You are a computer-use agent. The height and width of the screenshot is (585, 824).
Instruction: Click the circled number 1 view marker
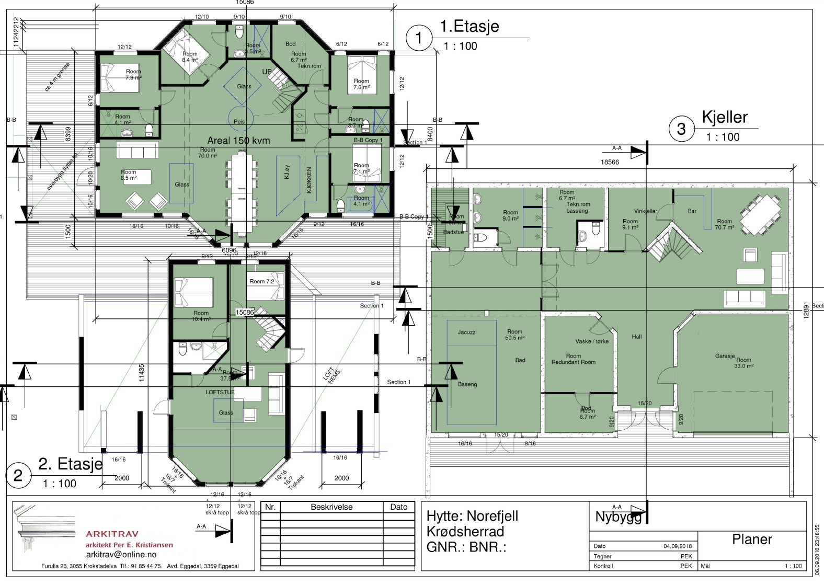[419, 38]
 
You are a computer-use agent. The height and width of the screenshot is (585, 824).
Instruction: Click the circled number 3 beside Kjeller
[681, 128]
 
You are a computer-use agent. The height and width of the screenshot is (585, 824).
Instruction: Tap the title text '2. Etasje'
[71, 464]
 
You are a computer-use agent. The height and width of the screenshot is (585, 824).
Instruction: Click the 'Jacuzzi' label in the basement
[467, 332]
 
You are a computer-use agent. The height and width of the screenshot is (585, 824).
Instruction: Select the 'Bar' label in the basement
[692, 212]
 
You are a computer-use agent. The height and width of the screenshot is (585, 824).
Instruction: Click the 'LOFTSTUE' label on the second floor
[220, 392]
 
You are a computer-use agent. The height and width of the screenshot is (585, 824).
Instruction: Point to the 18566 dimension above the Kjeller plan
[610, 163]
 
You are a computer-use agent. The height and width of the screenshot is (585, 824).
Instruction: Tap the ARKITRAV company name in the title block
[112, 534]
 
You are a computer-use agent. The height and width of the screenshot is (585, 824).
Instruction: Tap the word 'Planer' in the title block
[752, 540]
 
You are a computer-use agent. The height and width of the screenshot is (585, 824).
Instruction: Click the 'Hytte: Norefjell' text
[472, 516]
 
